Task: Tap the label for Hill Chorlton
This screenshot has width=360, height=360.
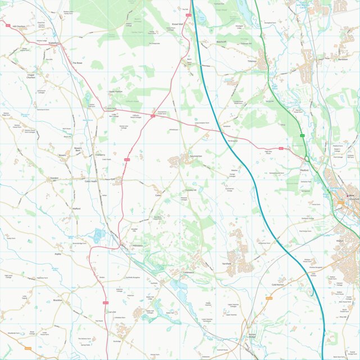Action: [16, 26]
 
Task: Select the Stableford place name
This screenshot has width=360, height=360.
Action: [54, 42]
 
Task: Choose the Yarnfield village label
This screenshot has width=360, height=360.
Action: [226, 263]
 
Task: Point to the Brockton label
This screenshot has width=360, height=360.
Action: [57, 300]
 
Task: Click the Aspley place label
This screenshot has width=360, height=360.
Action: [57, 254]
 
